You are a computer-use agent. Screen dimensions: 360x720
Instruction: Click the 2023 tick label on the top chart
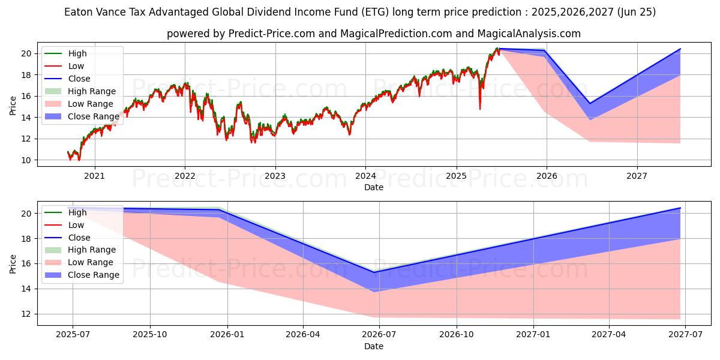[x=275, y=176]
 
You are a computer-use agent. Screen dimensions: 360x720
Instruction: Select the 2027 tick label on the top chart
[x=637, y=176]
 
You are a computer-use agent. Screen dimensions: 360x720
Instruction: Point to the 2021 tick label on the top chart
[x=94, y=176]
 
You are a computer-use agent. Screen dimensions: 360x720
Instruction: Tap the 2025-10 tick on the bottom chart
[x=149, y=334]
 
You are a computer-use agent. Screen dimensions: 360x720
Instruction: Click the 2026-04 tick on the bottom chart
[x=303, y=334]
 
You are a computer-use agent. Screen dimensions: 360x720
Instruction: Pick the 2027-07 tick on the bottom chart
[x=686, y=334]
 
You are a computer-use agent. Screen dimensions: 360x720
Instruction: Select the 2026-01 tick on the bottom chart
[x=227, y=334]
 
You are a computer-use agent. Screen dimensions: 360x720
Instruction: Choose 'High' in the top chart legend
[x=77, y=53]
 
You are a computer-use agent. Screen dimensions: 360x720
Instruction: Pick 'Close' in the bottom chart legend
[x=79, y=238]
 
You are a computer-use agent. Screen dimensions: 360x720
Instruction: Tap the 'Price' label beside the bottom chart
[x=13, y=263]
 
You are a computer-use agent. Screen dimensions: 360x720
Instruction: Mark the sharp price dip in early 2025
[x=479, y=109]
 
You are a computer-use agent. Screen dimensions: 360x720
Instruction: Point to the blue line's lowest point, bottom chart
[x=374, y=272]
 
